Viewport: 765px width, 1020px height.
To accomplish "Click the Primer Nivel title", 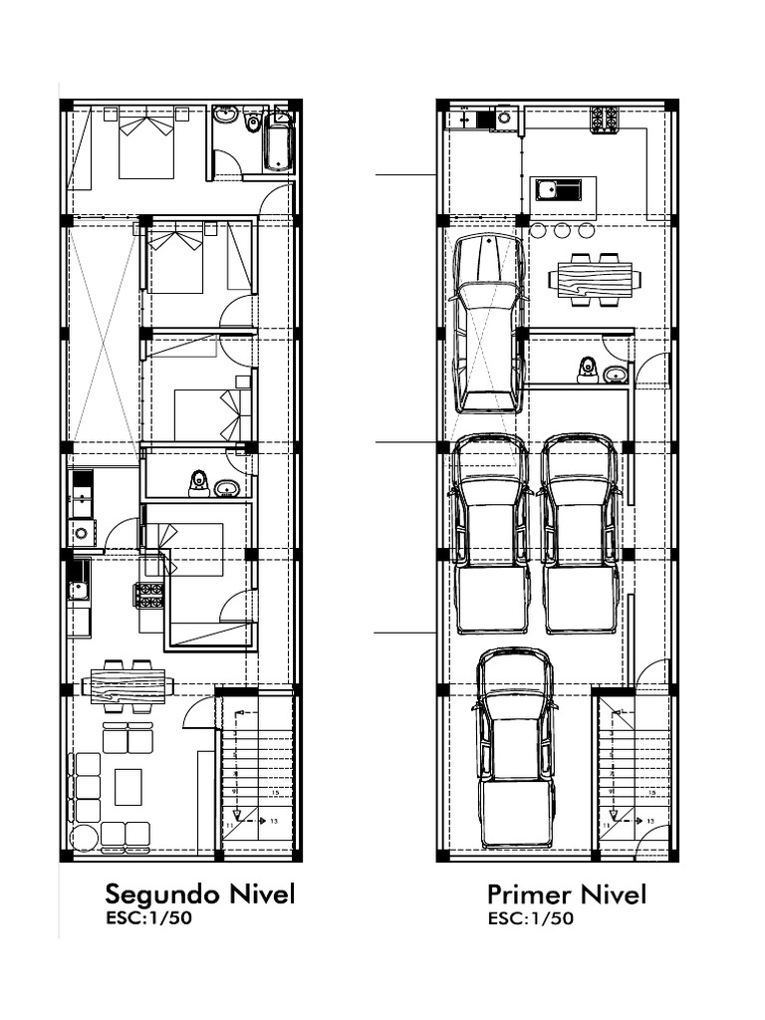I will coord(566,893).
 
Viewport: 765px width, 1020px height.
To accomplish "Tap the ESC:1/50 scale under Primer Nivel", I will coord(530,918).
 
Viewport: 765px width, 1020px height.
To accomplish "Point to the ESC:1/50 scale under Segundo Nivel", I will coord(148,917).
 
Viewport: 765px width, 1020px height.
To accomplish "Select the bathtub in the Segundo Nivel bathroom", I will coord(278,141).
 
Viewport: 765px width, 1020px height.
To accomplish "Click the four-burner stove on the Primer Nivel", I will coord(604,120).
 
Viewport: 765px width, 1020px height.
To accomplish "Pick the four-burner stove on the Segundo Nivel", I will coord(149,595).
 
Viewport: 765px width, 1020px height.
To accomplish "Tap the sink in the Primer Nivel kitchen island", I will coord(558,188).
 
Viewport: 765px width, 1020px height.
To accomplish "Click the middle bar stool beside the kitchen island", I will coord(562,231).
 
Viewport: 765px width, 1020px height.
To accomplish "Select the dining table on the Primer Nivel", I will coord(595,279).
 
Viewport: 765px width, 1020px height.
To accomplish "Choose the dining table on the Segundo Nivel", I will coord(127,685).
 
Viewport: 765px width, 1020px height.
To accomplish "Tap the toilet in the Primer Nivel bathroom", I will coord(587,370).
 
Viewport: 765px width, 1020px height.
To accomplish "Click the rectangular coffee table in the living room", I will coord(127,786).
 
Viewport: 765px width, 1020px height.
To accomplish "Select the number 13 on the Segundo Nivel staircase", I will coord(274,821).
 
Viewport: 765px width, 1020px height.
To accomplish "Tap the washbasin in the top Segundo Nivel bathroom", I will coord(226,116).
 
